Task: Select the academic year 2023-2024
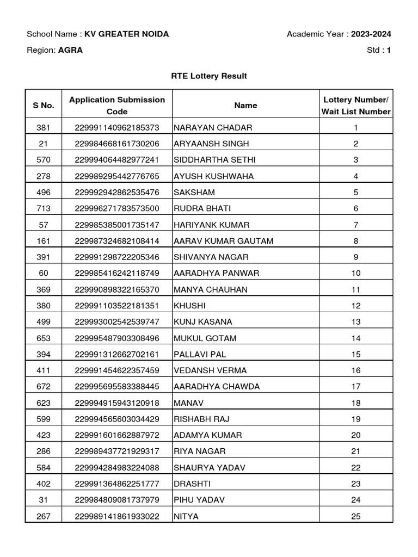(371, 34)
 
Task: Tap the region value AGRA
(71, 50)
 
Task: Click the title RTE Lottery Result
(209, 76)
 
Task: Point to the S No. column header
(43, 106)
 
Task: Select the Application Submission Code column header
(117, 106)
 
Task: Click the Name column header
(245, 106)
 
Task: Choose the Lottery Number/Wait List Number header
(356, 106)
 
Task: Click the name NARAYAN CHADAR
(206, 128)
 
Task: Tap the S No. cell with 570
(43, 160)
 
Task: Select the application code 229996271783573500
(117, 208)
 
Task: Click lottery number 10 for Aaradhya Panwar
(356, 273)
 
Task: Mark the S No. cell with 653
(43, 338)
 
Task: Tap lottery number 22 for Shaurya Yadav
(356, 468)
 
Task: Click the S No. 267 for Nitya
(43, 516)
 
